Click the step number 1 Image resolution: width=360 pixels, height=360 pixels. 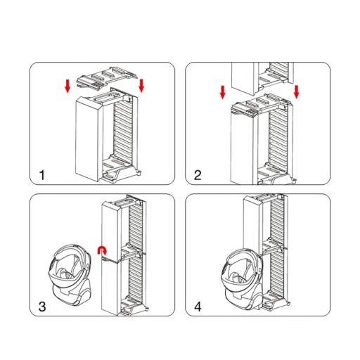(42, 175)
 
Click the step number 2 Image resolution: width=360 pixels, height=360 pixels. (198, 175)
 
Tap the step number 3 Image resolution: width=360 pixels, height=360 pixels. (42, 307)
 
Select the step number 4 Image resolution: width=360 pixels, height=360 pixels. (198, 307)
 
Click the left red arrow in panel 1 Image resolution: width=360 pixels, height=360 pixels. (67, 86)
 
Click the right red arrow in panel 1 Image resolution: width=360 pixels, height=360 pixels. (141, 86)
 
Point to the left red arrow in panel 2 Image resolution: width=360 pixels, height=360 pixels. (223, 92)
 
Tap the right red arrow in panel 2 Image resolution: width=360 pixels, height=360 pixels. (297, 92)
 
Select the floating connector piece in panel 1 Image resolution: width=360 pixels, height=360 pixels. (107, 78)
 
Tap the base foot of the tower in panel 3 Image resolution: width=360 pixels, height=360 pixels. (134, 305)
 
